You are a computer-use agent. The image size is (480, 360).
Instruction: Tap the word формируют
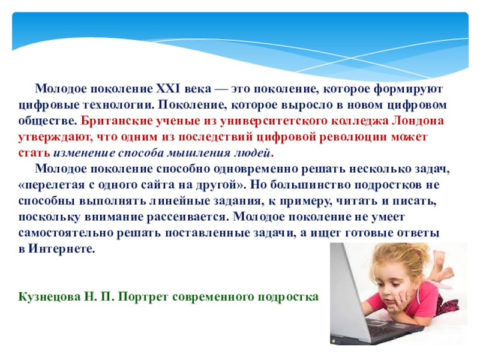[x=409, y=89]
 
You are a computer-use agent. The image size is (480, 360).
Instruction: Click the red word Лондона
[x=418, y=121]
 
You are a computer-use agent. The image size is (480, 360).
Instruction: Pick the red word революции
[x=353, y=137]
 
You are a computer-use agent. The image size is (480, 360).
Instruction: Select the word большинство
[x=312, y=185]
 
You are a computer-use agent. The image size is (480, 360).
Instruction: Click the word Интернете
[x=62, y=249]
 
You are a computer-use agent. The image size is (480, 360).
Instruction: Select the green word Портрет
[x=143, y=297]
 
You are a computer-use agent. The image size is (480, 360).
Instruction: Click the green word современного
[x=213, y=297]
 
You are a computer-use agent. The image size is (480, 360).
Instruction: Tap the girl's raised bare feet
[x=441, y=266]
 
